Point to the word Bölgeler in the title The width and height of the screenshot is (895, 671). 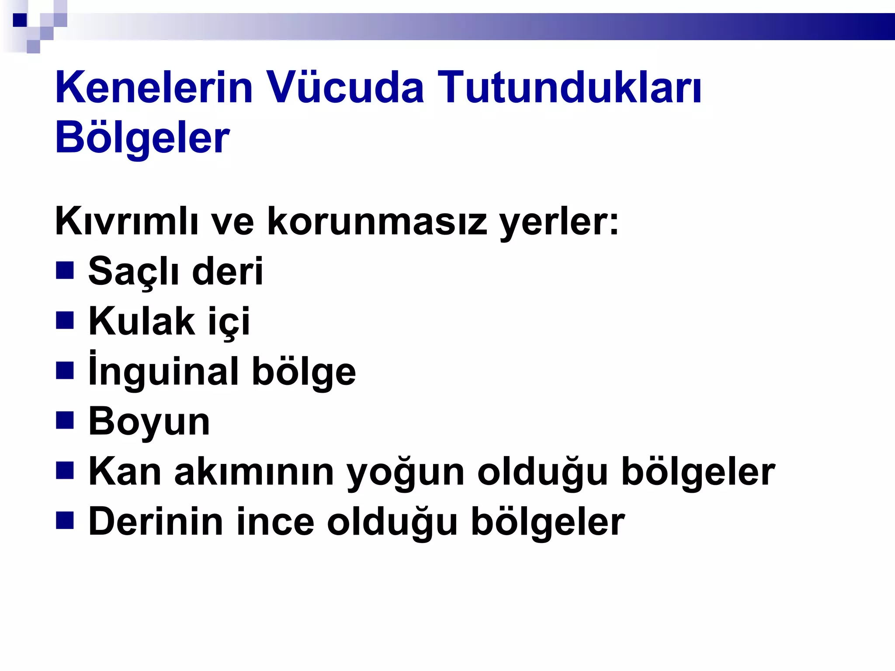[142, 138]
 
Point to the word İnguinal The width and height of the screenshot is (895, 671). [163, 371]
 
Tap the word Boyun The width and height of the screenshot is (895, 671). [149, 422]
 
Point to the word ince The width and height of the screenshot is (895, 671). [275, 522]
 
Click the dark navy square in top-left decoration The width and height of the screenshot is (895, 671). [20, 20]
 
